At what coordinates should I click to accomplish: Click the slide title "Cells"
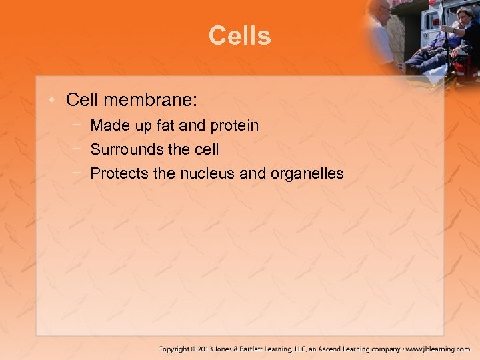point(239,36)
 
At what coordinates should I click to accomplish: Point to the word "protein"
point(234,125)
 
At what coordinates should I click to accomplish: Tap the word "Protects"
point(117,174)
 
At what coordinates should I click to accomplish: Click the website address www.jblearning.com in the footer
point(438,349)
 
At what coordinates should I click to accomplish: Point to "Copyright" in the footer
point(175,349)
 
